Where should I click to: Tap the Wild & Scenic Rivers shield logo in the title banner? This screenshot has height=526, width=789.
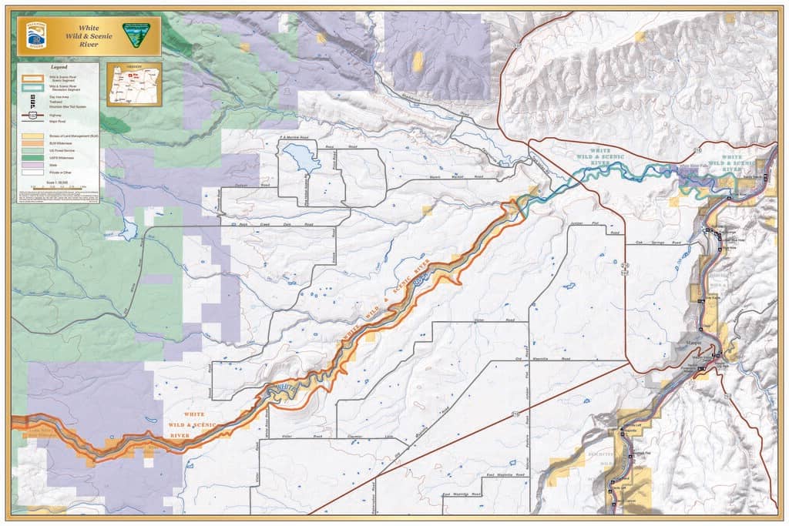[x=35, y=35]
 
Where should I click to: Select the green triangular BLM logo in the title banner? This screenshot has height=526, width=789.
[x=141, y=34]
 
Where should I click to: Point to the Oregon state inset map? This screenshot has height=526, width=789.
[x=133, y=84]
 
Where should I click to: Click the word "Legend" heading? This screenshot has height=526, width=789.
[x=58, y=68]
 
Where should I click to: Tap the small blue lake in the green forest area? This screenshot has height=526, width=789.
[x=127, y=229]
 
